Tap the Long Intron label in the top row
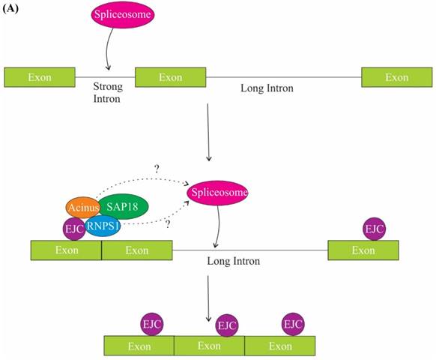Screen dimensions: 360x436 267,88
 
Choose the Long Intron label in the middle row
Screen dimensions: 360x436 233,262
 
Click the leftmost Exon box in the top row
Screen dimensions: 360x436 40,77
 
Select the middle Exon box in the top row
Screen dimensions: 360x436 170,77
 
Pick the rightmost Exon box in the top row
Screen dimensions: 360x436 396,77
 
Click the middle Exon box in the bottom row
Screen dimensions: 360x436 209,346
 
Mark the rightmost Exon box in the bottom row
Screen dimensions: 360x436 280,346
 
